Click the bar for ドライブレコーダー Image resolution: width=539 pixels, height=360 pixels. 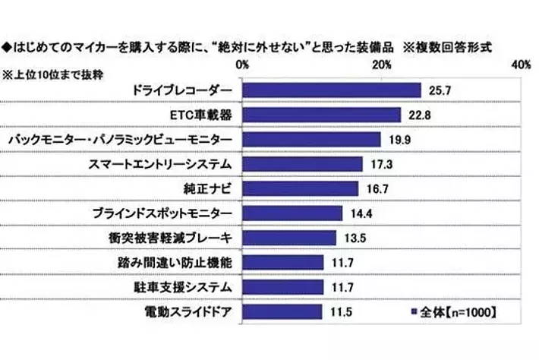332,90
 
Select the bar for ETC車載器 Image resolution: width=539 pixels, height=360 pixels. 322,115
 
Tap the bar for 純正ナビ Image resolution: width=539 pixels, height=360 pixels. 301,188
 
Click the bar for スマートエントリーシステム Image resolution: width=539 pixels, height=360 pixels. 303,164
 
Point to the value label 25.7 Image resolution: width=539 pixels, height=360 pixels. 438,90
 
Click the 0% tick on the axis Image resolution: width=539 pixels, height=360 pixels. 244,66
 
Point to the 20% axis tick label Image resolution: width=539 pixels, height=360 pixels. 382,66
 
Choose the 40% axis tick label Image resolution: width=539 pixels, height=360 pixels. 520,66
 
